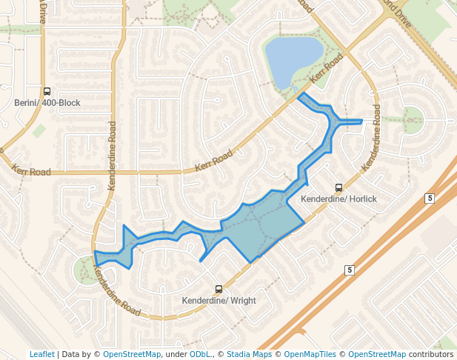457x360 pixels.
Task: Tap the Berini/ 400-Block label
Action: click(47, 103)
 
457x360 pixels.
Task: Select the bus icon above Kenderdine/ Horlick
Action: click(338, 187)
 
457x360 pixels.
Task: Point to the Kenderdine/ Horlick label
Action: click(338, 199)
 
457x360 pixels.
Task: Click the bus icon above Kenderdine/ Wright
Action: click(219, 289)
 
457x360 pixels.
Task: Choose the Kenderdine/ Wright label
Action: click(219, 301)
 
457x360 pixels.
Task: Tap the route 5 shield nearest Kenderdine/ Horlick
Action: click(429, 198)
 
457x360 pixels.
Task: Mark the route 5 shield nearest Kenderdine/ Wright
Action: click(349, 270)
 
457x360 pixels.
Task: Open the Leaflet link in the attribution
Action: click(42, 354)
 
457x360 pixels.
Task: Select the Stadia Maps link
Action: click(249, 354)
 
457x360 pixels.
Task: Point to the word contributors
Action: click(430, 354)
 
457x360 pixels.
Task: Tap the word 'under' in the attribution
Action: click(176, 354)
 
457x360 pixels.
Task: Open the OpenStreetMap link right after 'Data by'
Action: click(130, 354)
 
